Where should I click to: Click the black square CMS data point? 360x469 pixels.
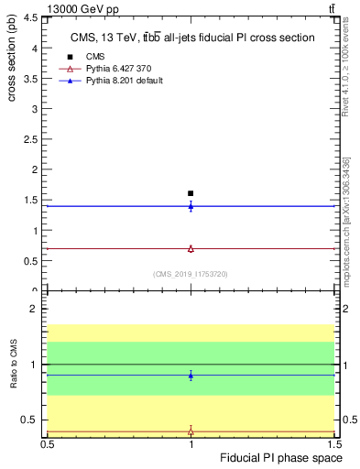pyautogui.click(x=191, y=193)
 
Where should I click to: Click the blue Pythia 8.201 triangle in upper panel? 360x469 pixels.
pyautogui.click(x=191, y=206)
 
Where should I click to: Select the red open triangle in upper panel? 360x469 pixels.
pyautogui.click(x=191, y=248)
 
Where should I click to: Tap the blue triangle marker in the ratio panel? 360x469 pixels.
pyautogui.click(x=191, y=375)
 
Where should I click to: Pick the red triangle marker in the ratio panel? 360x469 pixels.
pyautogui.click(x=191, y=431)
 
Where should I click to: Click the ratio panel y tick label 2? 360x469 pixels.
pyautogui.click(x=36, y=310)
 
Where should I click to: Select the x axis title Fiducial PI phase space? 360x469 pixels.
pyautogui.click(x=286, y=457)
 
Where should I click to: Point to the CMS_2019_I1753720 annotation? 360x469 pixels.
pyautogui.click(x=191, y=274)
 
